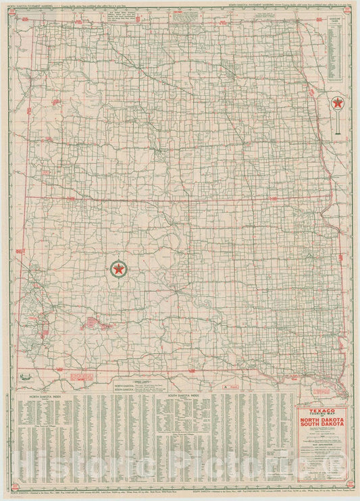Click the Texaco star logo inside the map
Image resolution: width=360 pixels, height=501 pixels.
point(119,269)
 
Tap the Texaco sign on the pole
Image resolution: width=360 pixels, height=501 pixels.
point(336,104)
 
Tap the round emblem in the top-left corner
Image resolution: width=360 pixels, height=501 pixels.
point(9,10)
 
